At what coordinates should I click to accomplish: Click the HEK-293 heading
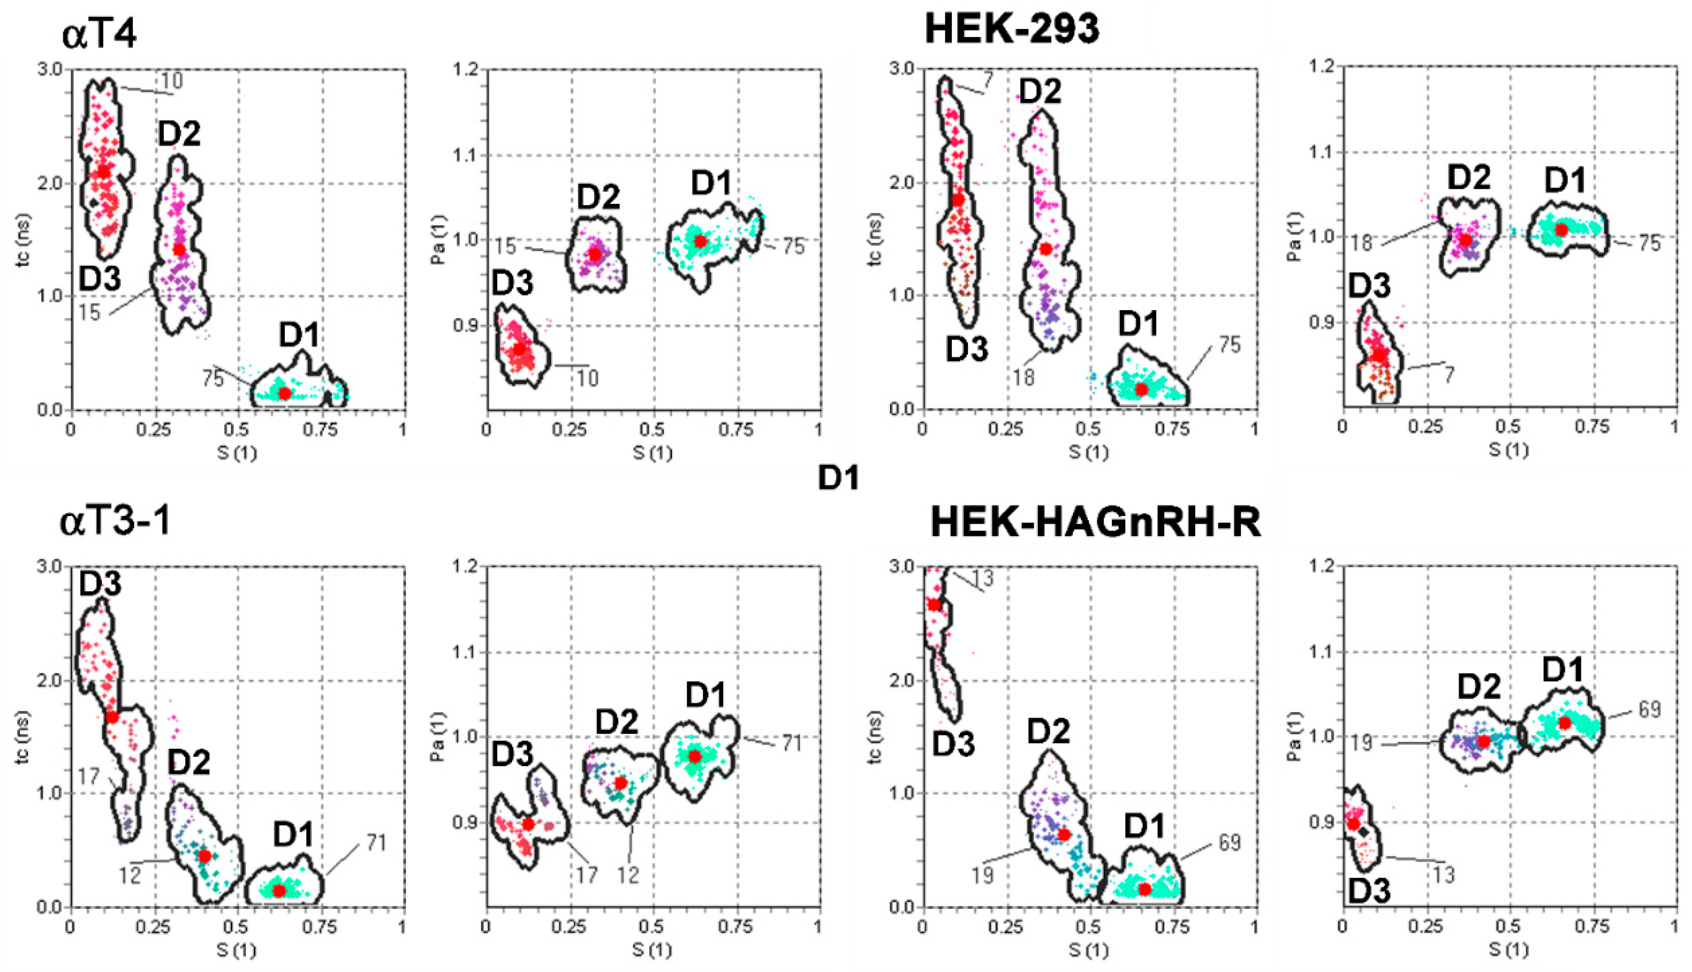click(1011, 30)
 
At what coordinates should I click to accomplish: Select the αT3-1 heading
click(115, 520)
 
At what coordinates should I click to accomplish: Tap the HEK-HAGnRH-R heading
click(1095, 522)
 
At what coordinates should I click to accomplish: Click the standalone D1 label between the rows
click(839, 478)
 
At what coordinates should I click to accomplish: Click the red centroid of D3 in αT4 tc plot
click(103, 171)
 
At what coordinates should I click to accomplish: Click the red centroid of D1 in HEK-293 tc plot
click(1141, 389)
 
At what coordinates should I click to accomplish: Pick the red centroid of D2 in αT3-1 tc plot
click(204, 856)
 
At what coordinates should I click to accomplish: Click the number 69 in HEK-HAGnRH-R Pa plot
click(1649, 710)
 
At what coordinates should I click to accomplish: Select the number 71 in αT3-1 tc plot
click(376, 843)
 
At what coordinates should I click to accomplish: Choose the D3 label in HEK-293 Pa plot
click(1369, 286)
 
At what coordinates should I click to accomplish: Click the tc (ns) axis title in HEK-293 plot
click(876, 238)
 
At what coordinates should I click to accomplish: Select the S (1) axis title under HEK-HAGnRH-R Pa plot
click(1508, 950)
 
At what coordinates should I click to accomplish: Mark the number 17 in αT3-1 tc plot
click(89, 776)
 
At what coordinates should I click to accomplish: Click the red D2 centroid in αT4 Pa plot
click(594, 254)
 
